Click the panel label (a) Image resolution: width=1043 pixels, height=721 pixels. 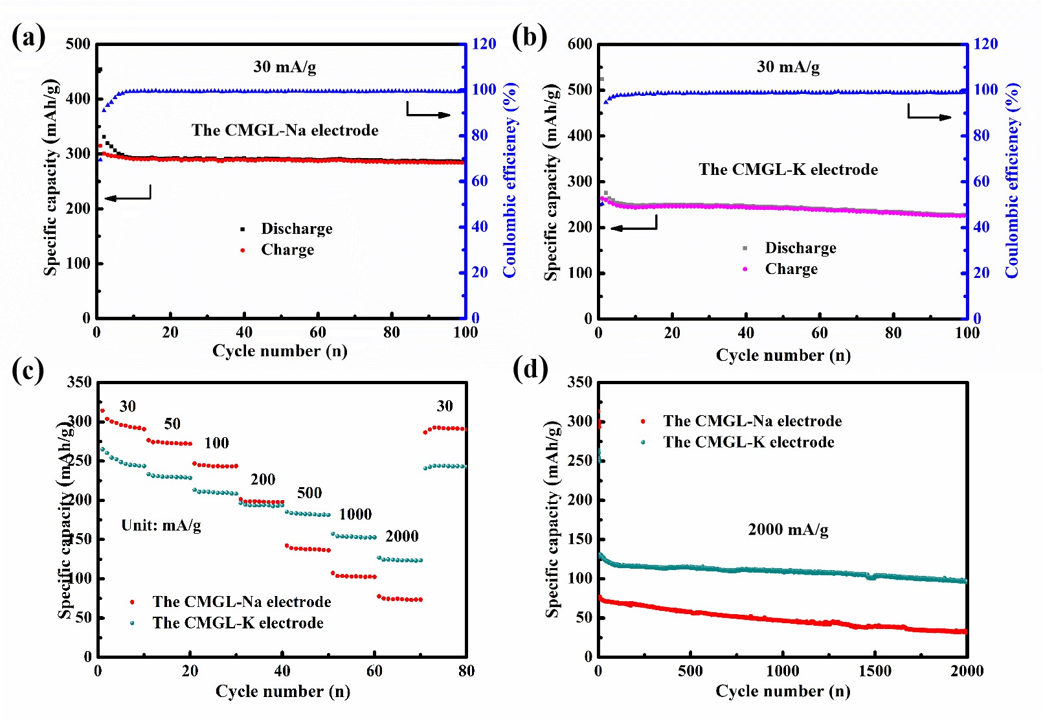click(28, 37)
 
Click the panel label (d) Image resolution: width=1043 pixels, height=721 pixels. click(530, 369)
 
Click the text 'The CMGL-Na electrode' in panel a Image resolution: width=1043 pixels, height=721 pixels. click(285, 130)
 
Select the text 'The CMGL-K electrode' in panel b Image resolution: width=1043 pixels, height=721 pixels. click(788, 170)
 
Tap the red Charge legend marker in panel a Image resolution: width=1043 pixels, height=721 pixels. click(243, 250)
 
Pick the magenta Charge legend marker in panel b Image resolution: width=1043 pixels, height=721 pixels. click(745, 269)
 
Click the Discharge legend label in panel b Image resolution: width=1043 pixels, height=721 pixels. click(800, 248)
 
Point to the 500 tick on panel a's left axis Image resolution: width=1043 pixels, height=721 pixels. click(78, 44)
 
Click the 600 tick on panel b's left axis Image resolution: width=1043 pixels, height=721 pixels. click(580, 44)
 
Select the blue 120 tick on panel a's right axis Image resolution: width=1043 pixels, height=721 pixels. click(484, 44)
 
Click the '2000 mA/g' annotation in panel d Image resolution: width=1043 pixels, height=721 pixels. click(788, 530)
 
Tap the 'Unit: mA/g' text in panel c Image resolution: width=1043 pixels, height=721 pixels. click(161, 525)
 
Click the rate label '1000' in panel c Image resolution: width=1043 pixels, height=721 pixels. click(355, 514)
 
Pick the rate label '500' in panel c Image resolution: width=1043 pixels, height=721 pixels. click(309, 493)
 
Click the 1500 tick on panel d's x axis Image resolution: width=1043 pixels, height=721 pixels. click(875, 671)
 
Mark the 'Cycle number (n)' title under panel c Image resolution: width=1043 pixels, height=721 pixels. click(282, 692)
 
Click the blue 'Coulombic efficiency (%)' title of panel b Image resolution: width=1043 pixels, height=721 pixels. click(1012, 181)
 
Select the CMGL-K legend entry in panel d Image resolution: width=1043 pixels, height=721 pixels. click(748, 442)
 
